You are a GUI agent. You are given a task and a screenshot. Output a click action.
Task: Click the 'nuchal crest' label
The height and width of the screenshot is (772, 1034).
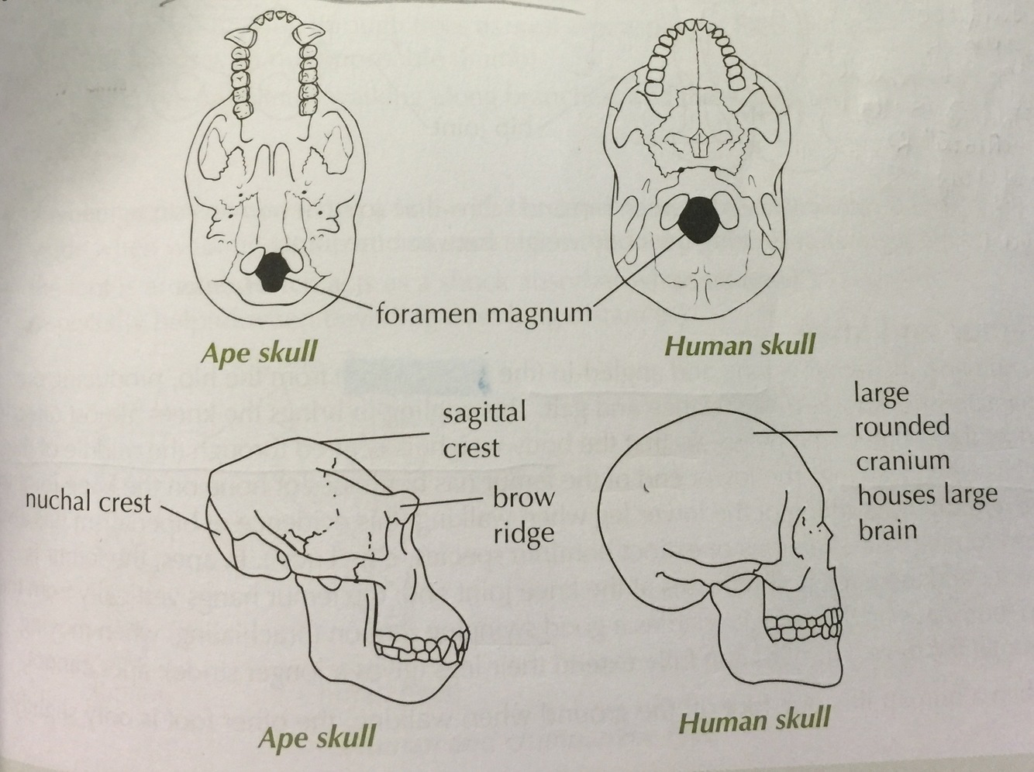point(88,502)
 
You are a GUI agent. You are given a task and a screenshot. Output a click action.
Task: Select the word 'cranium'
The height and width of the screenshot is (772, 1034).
point(902,461)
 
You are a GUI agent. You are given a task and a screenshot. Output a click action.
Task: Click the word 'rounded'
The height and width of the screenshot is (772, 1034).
point(902,426)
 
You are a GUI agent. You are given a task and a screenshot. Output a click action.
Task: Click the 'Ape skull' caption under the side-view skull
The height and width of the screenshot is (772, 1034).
point(317,738)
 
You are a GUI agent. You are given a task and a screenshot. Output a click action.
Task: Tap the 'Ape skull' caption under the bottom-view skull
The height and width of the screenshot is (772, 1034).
point(259,353)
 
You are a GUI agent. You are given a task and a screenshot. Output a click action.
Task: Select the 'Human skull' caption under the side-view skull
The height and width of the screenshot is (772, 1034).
point(754,721)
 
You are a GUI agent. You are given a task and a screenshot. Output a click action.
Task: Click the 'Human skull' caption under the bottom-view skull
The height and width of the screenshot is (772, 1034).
point(740,345)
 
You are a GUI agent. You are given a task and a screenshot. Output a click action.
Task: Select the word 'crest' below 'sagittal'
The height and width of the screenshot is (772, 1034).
point(470,448)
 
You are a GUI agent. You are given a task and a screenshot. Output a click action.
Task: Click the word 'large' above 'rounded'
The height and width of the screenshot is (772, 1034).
point(880,393)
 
